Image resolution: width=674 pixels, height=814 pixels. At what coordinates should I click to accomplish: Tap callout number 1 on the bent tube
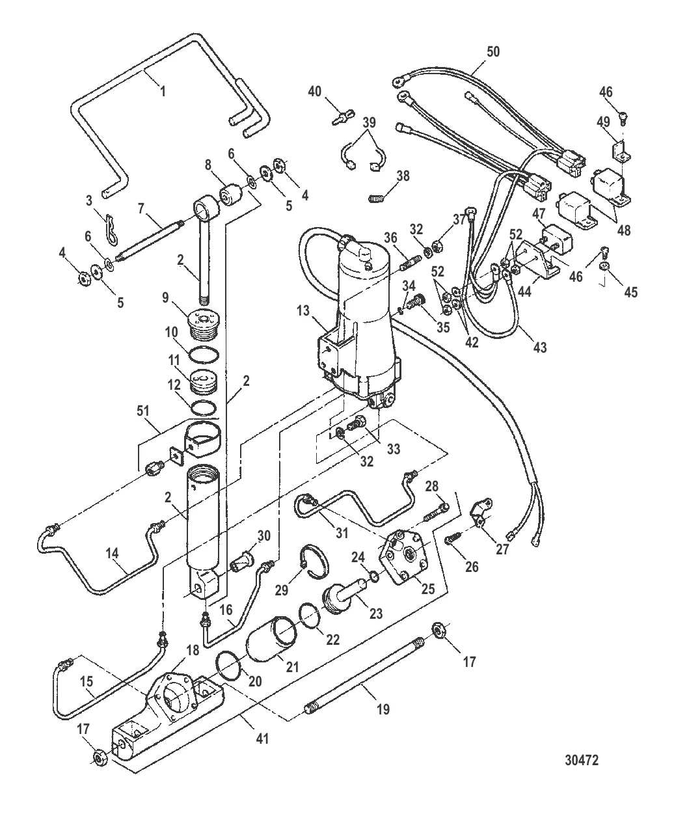click(163, 92)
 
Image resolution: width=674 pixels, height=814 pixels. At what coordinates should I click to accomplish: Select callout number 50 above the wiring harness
click(493, 51)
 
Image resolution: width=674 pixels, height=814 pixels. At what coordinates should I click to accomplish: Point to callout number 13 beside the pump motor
click(303, 311)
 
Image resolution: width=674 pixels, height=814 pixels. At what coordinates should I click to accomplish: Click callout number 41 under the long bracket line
click(262, 738)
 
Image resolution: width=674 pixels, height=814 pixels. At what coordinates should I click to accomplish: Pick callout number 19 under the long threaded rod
click(383, 709)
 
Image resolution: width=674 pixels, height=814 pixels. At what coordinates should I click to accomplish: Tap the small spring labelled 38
click(376, 198)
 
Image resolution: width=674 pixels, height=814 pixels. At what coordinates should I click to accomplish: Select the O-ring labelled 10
click(204, 355)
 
